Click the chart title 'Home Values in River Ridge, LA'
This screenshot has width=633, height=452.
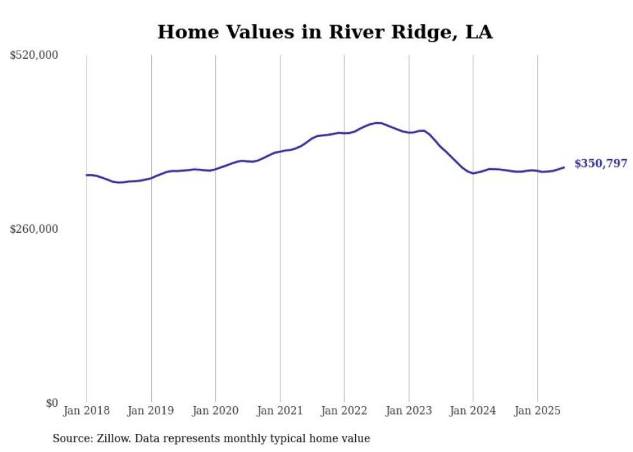(x=325, y=32)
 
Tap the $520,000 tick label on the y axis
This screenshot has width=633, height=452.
(x=34, y=56)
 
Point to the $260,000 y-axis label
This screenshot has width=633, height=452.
(x=34, y=229)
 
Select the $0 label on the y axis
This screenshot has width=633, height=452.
(x=52, y=403)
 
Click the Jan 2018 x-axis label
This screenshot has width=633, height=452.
(x=87, y=411)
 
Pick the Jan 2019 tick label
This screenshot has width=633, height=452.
(x=151, y=411)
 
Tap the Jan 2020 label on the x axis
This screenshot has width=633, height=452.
(x=216, y=411)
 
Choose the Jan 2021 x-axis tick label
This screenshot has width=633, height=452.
(x=280, y=411)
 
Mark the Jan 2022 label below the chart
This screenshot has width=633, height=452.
(x=344, y=411)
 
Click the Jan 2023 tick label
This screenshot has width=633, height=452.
(x=408, y=411)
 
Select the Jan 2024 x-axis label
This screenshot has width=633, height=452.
(x=473, y=411)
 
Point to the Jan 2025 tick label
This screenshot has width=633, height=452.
(x=537, y=411)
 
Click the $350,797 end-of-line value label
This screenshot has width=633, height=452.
(x=601, y=164)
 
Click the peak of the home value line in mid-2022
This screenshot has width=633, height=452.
(x=377, y=123)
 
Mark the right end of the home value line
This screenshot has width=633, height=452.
(x=564, y=167)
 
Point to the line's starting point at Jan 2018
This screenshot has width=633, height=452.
(x=87, y=175)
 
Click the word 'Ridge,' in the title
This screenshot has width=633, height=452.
(x=419, y=32)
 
